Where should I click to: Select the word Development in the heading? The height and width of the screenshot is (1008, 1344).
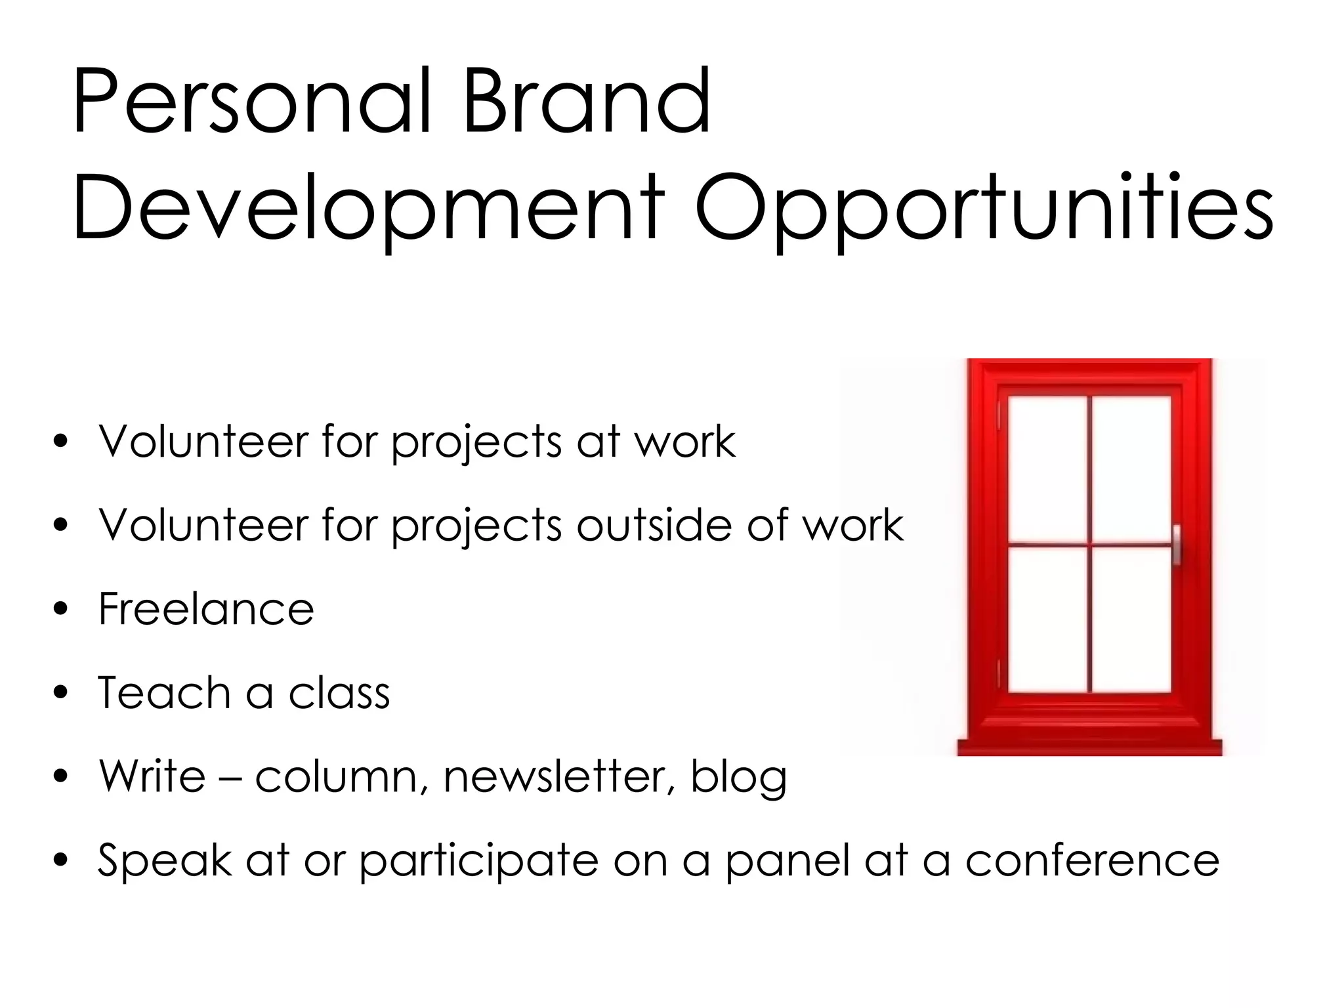coord(368,207)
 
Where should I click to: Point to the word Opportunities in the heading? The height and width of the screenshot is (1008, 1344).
coord(984,207)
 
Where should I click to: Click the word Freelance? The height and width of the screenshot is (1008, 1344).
coord(206,609)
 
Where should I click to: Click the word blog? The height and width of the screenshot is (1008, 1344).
coord(738,778)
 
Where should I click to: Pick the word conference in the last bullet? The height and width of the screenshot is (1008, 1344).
coord(1092,860)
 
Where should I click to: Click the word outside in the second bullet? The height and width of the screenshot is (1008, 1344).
coord(654,525)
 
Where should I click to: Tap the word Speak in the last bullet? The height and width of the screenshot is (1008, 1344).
coord(164,860)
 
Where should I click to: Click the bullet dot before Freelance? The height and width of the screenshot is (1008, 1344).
coord(61,610)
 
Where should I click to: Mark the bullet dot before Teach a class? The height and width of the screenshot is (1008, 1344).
coord(61,694)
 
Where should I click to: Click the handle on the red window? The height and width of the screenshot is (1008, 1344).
coord(1176,545)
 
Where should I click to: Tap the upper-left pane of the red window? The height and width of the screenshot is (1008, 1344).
coord(1047,469)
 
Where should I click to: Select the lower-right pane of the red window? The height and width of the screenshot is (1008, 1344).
coord(1131,619)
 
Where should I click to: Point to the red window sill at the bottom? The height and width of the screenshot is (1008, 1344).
coord(1089,747)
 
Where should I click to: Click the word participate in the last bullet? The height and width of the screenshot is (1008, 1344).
coord(479,862)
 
